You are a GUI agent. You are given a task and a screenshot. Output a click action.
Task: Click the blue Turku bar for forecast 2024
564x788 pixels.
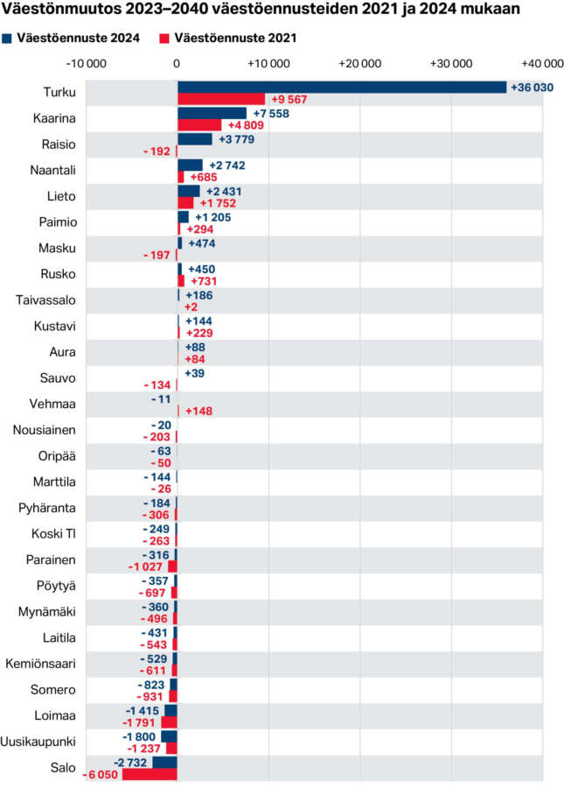[x=341, y=87]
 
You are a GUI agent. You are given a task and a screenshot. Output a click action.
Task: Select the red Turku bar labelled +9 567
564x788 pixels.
[x=220, y=99]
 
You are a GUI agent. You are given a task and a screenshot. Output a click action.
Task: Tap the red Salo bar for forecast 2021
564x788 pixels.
[x=150, y=775]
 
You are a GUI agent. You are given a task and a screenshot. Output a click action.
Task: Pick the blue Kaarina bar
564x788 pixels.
[x=212, y=113]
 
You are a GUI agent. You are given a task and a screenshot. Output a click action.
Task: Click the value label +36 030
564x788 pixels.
[x=533, y=87]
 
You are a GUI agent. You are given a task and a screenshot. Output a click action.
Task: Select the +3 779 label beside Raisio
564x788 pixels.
[x=236, y=139]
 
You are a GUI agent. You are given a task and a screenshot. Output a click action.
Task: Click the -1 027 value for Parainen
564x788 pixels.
[x=146, y=566]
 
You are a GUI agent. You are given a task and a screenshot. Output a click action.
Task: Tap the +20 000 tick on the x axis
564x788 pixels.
[x=360, y=63]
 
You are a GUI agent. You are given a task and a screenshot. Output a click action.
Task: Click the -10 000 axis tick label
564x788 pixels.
[x=87, y=63]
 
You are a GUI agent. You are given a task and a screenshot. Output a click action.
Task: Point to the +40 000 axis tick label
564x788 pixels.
[x=541, y=63]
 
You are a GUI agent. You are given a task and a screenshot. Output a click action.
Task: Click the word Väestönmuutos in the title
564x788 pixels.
[x=52, y=11]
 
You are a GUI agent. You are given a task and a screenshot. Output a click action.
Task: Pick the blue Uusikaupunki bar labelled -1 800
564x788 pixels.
[x=169, y=736]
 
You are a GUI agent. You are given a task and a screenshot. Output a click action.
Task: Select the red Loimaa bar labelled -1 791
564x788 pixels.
[x=169, y=722]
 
